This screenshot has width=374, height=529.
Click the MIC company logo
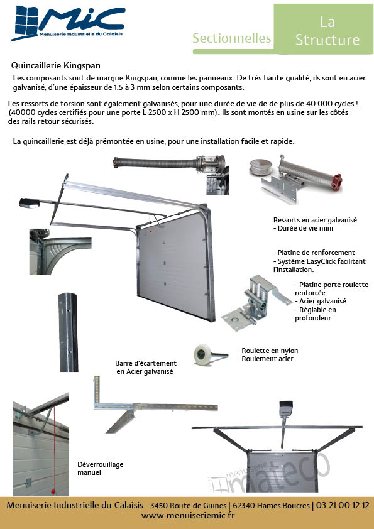(68, 23)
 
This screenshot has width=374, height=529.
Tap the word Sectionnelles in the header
(231, 38)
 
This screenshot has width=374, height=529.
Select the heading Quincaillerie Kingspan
(56, 65)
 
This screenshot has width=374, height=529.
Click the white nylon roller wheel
(203, 354)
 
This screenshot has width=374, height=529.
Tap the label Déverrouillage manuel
(100, 468)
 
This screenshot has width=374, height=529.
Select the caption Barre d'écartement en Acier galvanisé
(145, 368)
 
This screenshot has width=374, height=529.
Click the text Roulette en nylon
(270, 351)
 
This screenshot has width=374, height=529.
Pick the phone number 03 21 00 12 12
(343, 505)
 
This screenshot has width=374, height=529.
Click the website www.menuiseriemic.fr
(188, 515)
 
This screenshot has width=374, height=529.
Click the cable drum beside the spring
(261, 166)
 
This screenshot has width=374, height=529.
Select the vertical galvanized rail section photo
(69, 332)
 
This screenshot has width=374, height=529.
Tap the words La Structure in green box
(327, 31)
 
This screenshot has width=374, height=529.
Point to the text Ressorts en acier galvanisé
(315, 220)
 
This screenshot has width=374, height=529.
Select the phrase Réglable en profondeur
(316, 314)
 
